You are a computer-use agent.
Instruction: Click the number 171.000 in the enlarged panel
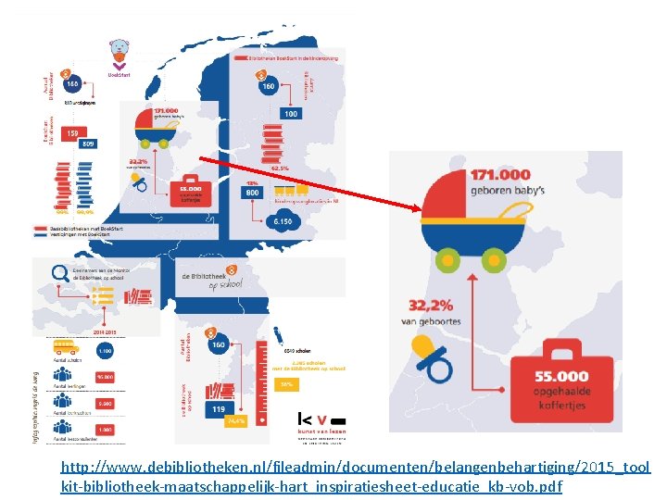click(501, 174)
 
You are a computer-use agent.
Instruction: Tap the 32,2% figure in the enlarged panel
click(435, 305)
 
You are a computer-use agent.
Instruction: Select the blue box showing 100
click(291, 113)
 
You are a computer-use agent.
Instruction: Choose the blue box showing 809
click(88, 144)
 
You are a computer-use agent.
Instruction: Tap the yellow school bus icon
click(65, 348)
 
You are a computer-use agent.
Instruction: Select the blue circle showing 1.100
click(104, 352)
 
